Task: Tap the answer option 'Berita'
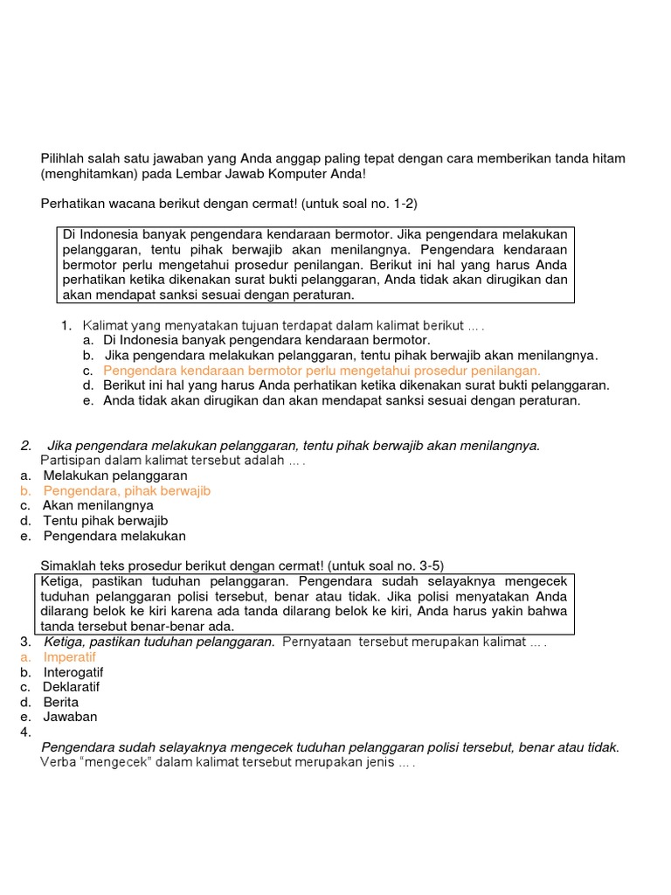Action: tap(61, 702)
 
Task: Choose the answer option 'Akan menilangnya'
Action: tap(98, 505)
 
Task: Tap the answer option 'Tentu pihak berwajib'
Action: tap(105, 520)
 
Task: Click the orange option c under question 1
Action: tap(322, 371)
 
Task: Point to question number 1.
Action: tap(66, 325)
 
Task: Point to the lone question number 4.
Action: tap(25, 732)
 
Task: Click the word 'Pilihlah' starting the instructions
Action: tap(66, 157)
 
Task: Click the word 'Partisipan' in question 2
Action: tap(71, 461)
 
